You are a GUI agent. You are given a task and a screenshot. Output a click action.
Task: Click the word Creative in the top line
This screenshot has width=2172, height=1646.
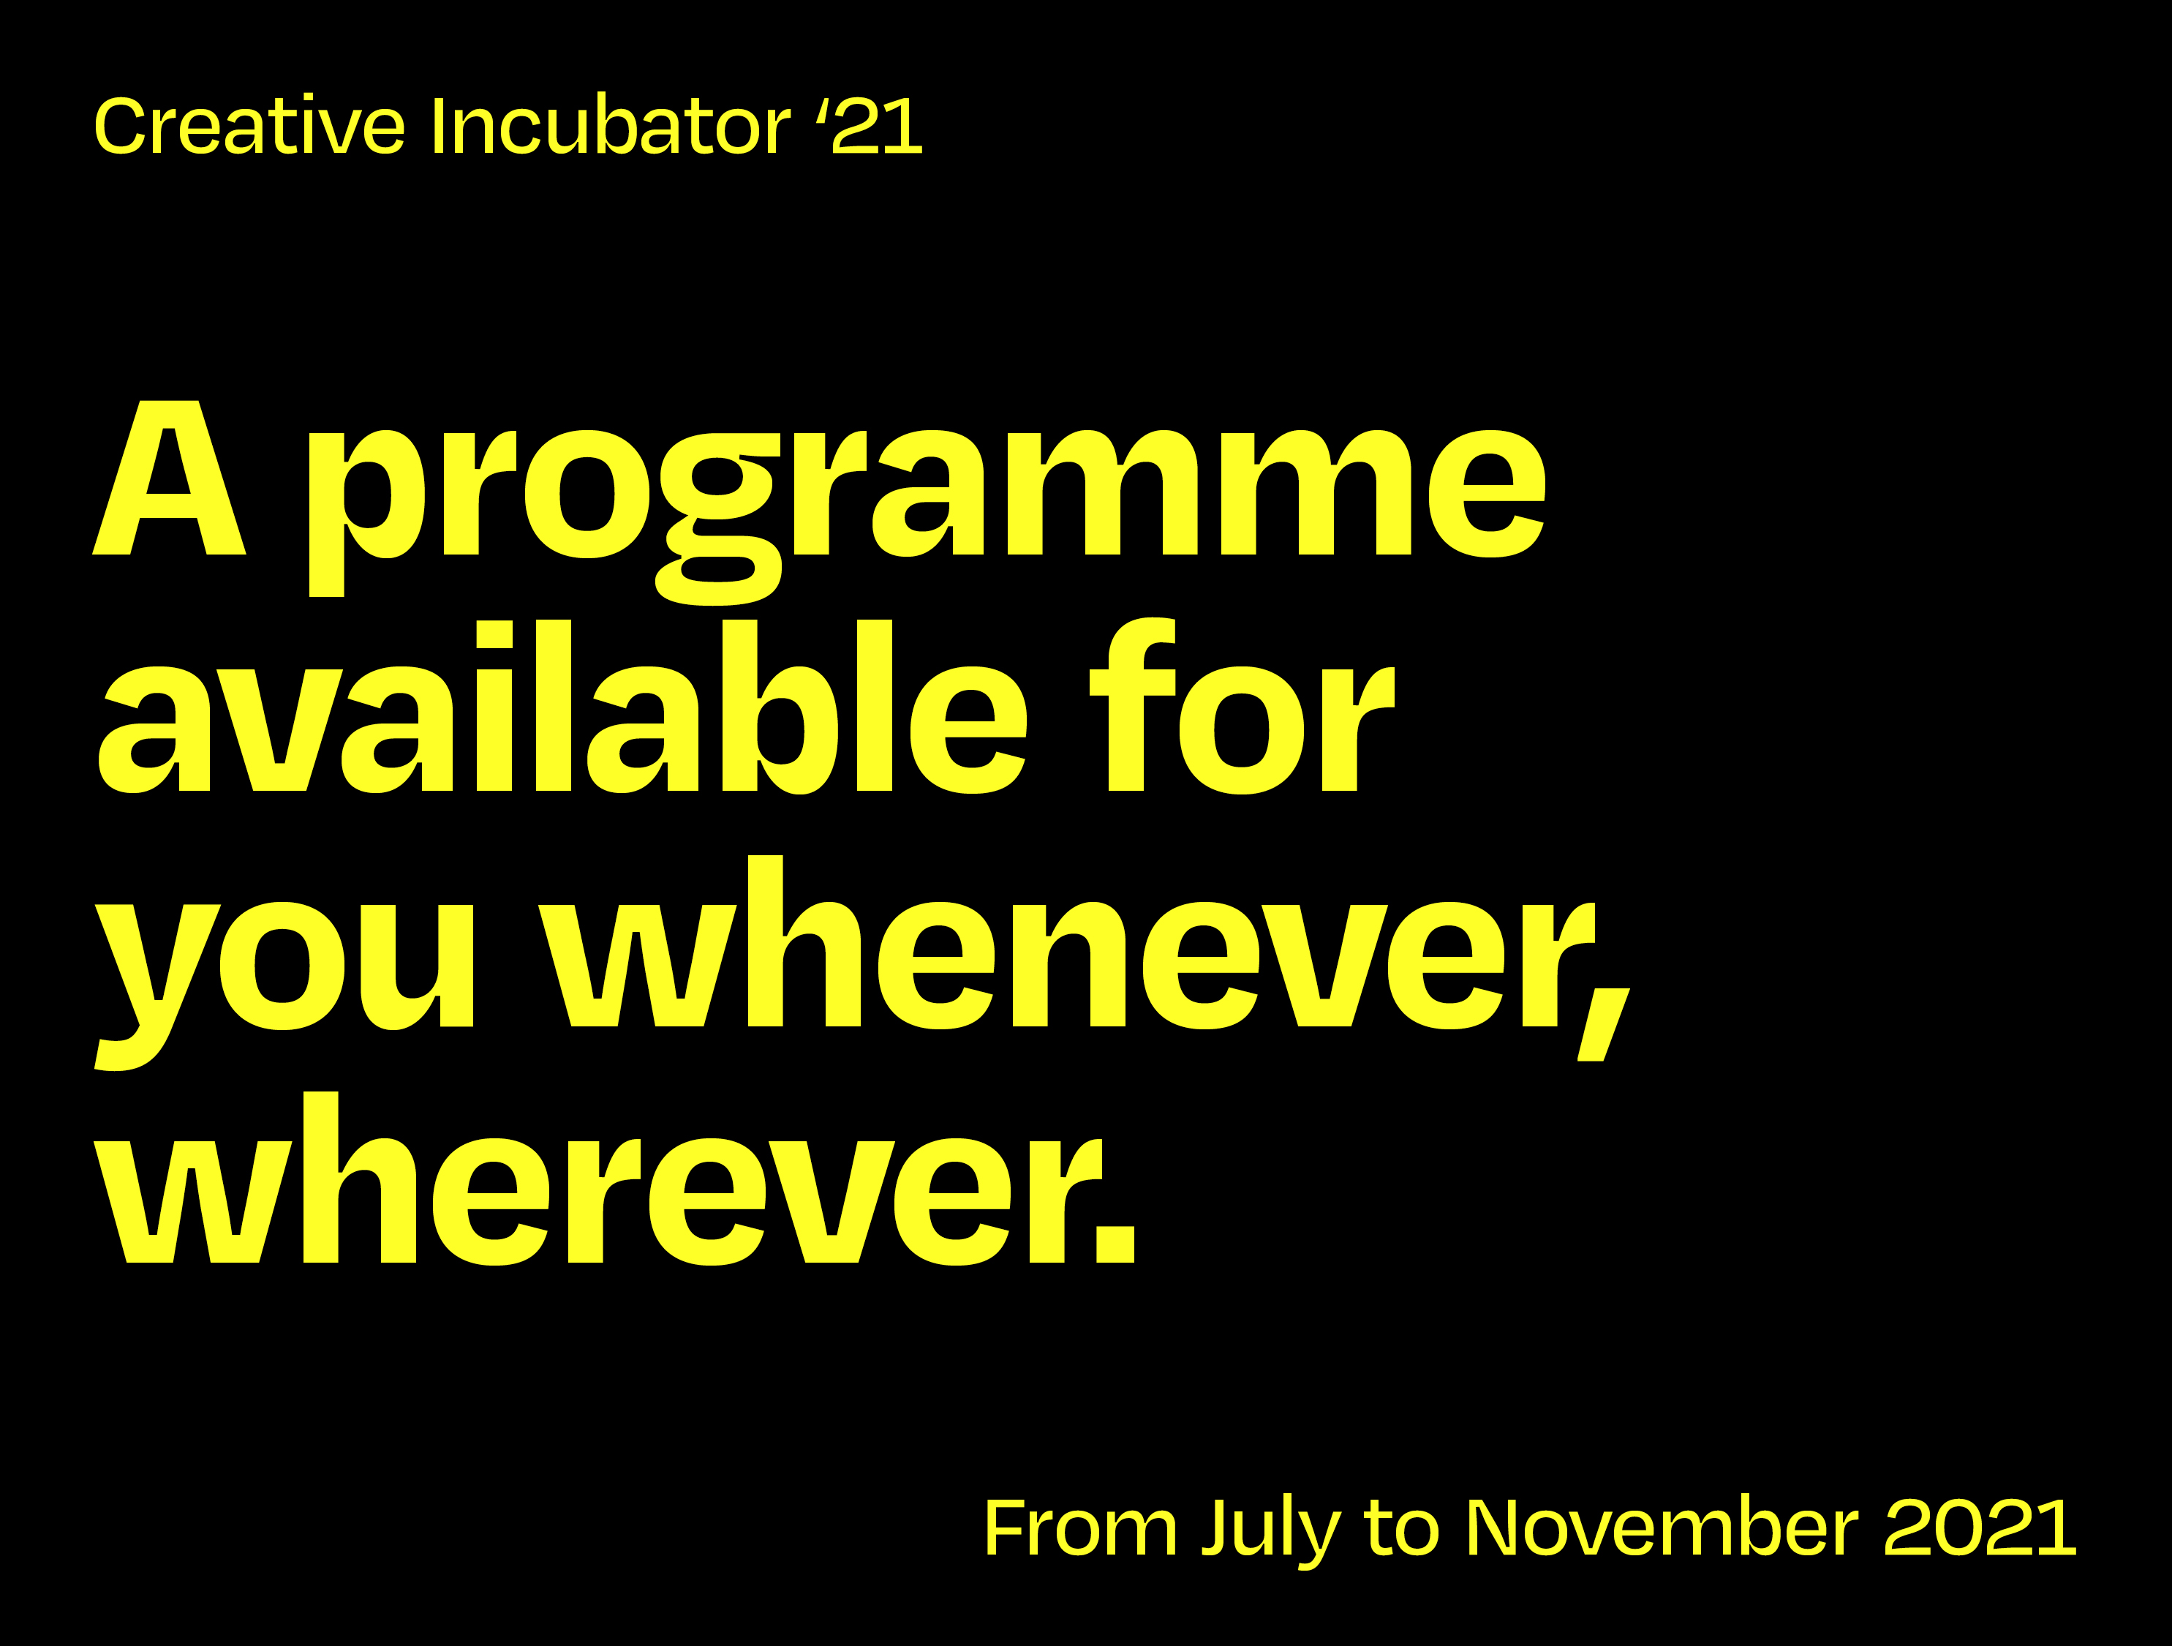click(249, 127)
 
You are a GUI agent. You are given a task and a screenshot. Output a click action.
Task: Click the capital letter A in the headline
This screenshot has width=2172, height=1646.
click(169, 478)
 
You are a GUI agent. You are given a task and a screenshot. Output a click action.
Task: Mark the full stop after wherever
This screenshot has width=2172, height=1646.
click(1115, 1242)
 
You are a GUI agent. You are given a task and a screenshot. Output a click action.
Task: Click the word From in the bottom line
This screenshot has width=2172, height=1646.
click(1080, 1528)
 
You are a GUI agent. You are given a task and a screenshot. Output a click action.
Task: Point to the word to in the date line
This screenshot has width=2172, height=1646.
click(1401, 1528)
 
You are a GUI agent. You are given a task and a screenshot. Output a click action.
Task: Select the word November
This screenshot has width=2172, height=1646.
click(1662, 1528)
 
